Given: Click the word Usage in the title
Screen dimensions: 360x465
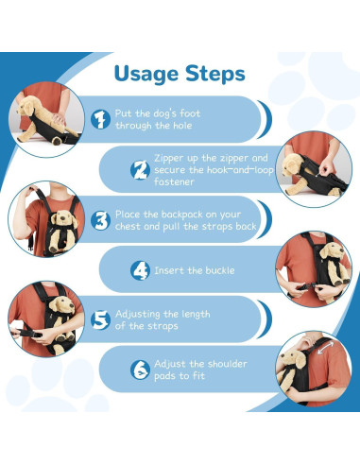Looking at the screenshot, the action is point(146,75).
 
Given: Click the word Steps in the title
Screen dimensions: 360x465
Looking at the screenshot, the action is point(215,73).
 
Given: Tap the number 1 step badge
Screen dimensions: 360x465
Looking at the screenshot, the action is point(100,119).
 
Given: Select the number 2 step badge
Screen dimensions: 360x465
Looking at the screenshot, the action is point(140,170).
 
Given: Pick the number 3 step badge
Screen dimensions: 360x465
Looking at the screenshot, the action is point(100,220).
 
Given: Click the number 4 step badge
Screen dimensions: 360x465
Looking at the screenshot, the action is point(140,270).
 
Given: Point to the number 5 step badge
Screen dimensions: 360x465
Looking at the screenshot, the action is point(100,319).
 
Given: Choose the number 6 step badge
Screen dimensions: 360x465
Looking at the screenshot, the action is point(140,370).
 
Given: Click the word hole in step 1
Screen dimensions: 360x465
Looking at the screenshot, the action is point(182,126).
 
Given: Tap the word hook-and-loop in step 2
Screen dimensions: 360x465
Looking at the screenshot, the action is point(240,170).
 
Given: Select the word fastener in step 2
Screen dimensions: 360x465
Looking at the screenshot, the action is point(174,181).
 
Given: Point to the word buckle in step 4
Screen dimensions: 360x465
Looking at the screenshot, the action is point(220,270).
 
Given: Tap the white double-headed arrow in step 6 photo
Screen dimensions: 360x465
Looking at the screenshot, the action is point(325,348).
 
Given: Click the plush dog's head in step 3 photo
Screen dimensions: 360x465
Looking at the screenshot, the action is point(64,217).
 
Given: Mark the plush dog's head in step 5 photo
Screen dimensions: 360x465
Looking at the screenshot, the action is point(61,305).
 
